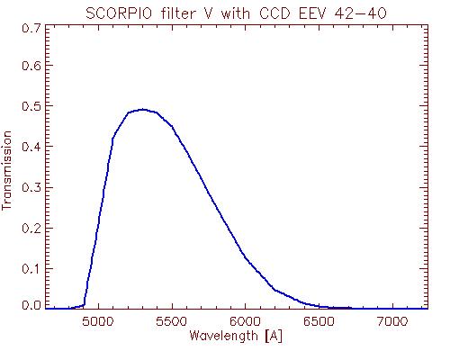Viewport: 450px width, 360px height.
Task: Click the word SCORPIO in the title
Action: (119, 13)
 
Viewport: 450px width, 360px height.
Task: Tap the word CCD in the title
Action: (276, 13)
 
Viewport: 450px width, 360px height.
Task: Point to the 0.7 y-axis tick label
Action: (31, 29)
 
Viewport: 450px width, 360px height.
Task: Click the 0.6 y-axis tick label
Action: (31, 65)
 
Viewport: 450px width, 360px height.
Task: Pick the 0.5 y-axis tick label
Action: (31, 106)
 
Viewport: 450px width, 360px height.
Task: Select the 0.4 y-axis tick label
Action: (31, 147)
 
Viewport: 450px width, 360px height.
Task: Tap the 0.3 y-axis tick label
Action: (31, 187)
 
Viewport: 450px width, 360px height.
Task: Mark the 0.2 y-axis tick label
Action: (31, 228)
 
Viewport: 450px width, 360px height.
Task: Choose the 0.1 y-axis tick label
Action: (31, 268)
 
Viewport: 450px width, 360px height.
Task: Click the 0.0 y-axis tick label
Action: (31, 305)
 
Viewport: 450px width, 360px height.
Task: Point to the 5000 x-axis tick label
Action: (98, 321)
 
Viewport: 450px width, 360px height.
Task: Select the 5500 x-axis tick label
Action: (172, 321)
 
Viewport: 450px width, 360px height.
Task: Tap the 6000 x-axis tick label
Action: (245, 321)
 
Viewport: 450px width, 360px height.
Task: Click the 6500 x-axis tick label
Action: (319, 321)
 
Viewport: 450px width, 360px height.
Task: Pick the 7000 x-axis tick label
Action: (392, 321)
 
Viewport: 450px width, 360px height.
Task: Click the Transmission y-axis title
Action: (6, 170)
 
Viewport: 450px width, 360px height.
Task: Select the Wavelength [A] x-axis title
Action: (236, 336)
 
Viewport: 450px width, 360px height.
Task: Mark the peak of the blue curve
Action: (143, 110)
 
